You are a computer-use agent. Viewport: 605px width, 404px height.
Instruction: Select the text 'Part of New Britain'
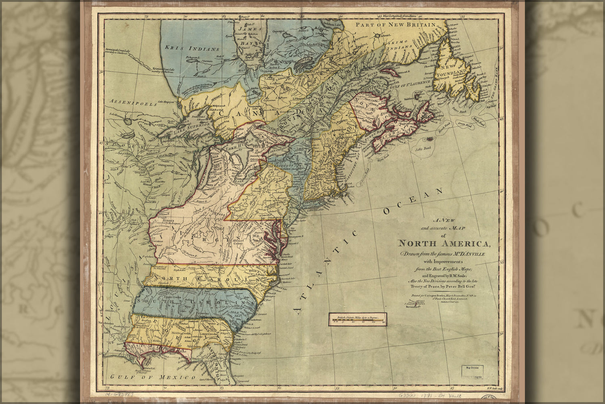click(395, 25)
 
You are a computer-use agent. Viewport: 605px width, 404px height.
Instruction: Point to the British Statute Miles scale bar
click(357, 319)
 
